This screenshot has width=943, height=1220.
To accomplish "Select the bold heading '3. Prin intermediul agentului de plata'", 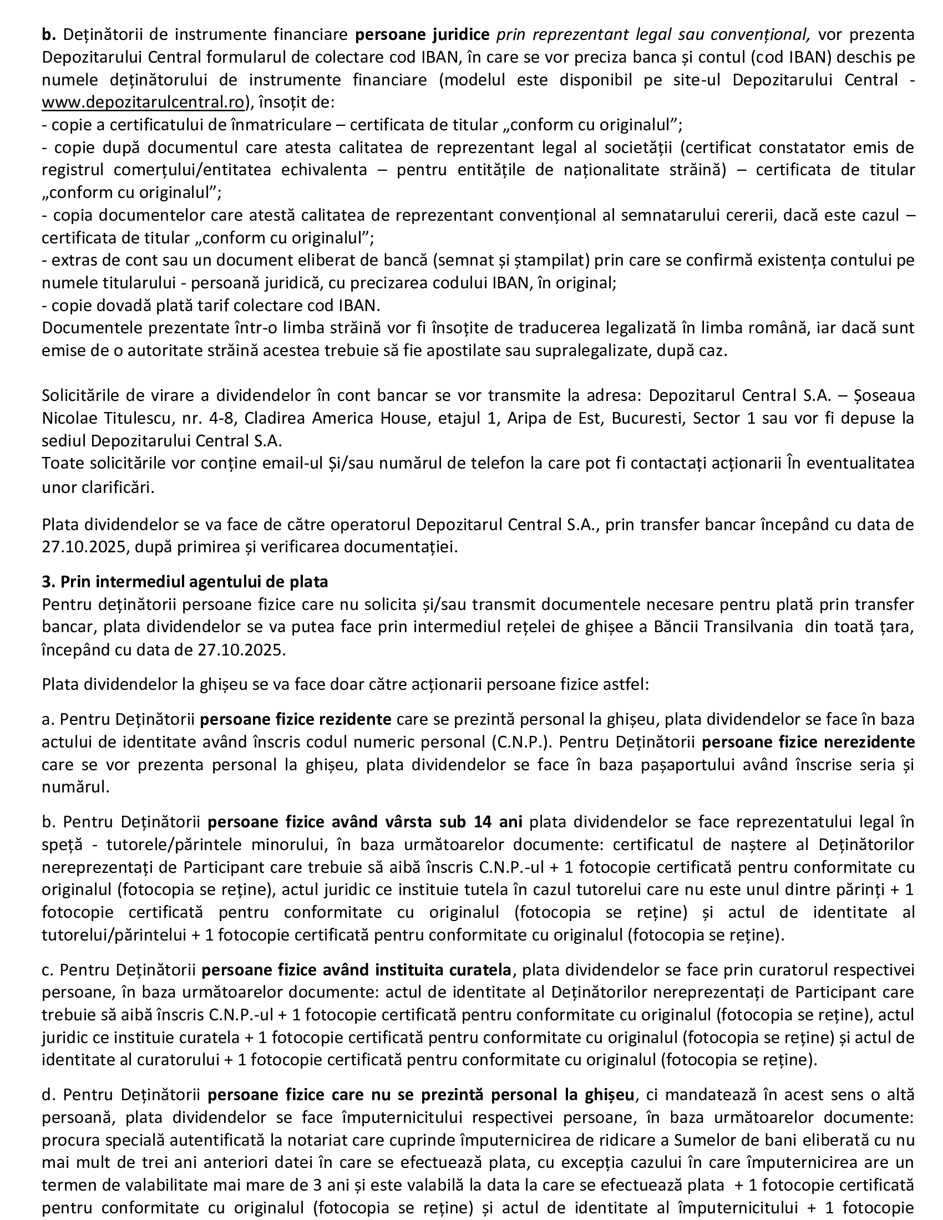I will click(x=185, y=582).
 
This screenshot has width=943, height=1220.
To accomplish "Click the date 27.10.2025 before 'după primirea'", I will click(x=83, y=546).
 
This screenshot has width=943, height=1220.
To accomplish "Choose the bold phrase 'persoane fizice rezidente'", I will click(x=296, y=719).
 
